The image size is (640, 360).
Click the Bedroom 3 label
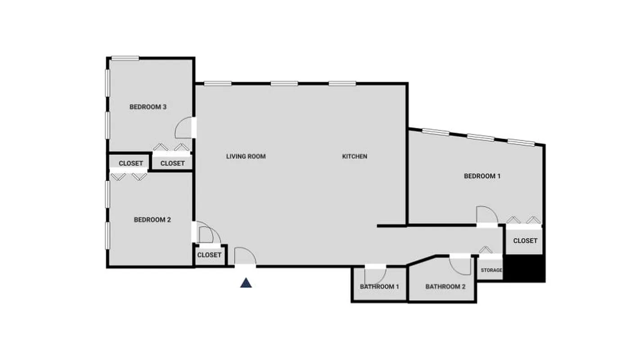tap(148, 107)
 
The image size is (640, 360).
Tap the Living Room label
tap(246, 157)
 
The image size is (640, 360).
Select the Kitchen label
tap(355, 157)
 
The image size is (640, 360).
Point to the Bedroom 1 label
tap(482, 176)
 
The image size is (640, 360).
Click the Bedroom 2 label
tap(152, 220)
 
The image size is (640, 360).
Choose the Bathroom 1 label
tap(379, 287)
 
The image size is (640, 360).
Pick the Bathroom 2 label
tap(445, 287)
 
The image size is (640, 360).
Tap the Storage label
tap(491, 270)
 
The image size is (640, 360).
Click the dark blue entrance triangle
tap(246, 283)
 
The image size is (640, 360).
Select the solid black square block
tap(525, 268)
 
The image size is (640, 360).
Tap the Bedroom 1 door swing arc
tap(487, 214)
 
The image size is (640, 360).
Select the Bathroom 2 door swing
tap(460, 265)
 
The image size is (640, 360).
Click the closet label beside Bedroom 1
tap(525, 241)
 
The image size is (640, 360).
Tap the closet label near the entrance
tap(209, 255)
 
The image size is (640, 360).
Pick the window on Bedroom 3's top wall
tap(125, 58)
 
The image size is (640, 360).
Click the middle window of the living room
tap(284, 83)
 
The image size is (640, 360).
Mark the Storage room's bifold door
tap(485, 250)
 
